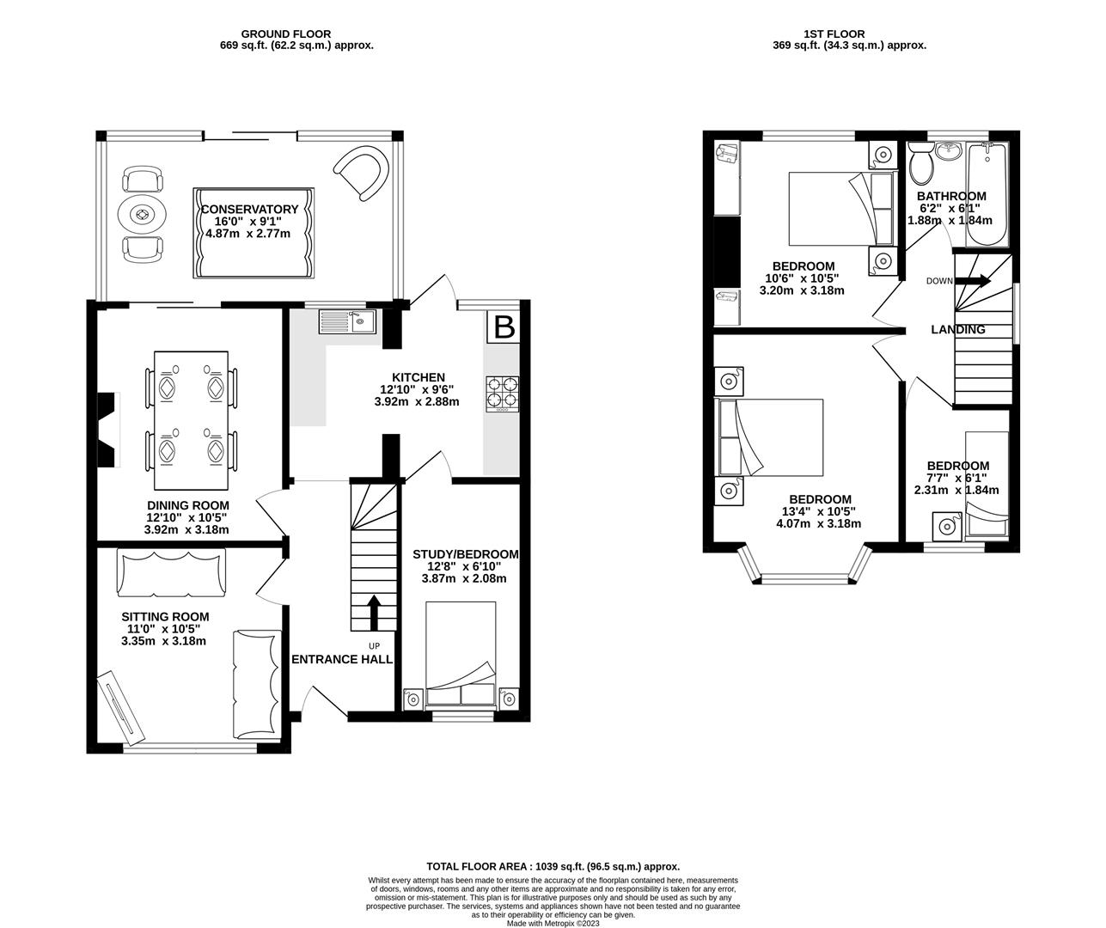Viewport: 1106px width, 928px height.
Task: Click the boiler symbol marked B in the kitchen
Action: [504, 327]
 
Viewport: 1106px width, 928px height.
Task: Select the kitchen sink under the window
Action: [348, 321]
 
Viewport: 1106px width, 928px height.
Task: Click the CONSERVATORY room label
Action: [249, 209]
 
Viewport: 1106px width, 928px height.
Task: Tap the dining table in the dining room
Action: [191, 410]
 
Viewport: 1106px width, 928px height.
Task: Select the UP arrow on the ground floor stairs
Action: [374, 614]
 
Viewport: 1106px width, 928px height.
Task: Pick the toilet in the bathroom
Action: [921, 162]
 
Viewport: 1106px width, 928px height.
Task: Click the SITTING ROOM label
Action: [165, 617]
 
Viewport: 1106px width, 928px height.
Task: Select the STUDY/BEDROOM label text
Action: [465, 554]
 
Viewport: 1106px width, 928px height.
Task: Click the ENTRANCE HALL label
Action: [342, 659]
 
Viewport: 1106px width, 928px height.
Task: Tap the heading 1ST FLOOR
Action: [849, 34]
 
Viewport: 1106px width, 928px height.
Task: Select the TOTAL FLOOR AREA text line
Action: [553, 866]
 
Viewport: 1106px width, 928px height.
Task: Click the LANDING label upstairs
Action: [958, 329]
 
